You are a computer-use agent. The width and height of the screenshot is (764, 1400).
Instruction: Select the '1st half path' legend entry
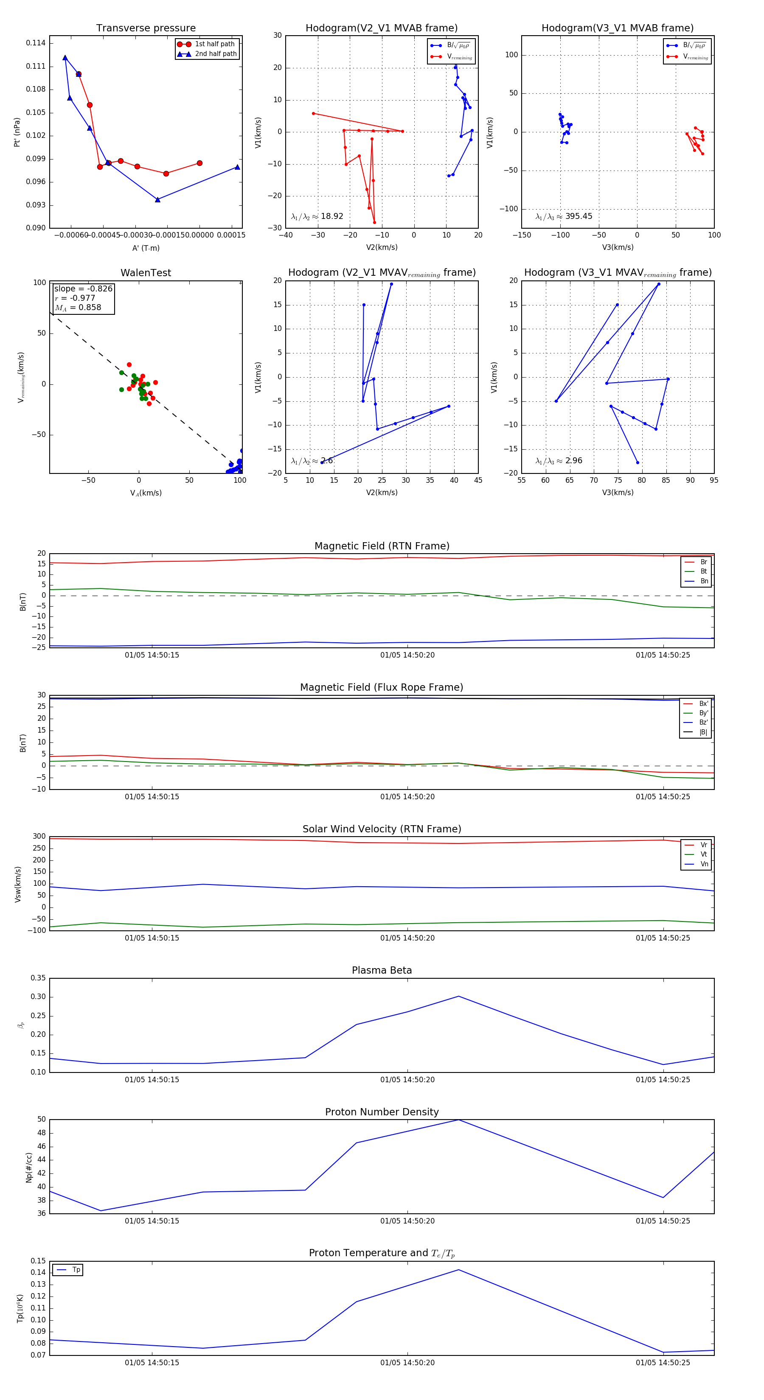(x=214, y=44)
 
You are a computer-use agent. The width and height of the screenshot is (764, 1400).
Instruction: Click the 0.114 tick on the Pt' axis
(x=36, y=43)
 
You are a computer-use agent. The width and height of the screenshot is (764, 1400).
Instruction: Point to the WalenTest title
(x=146, y=273)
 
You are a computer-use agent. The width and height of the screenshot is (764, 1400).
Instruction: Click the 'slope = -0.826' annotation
(x=83, y=288)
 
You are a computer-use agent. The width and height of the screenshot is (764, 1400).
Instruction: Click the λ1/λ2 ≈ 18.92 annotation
(x=317, y=216)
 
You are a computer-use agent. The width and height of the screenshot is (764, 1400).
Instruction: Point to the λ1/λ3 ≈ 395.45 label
(x=564, y=216)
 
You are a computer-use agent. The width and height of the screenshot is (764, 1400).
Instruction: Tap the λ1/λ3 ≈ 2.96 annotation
(x=559, y=461)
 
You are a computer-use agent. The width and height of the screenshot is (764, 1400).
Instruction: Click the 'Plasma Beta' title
(x=382, y=971)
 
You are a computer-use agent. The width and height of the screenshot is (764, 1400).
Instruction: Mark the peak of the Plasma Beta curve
(x=458, y=996)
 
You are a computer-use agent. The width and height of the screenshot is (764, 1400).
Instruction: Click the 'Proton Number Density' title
(x=382, y=1112)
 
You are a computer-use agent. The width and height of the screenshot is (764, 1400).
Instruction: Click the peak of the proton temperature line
(x=458, y=1270)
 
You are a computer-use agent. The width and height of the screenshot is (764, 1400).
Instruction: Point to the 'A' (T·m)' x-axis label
(x=146, y=248)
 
